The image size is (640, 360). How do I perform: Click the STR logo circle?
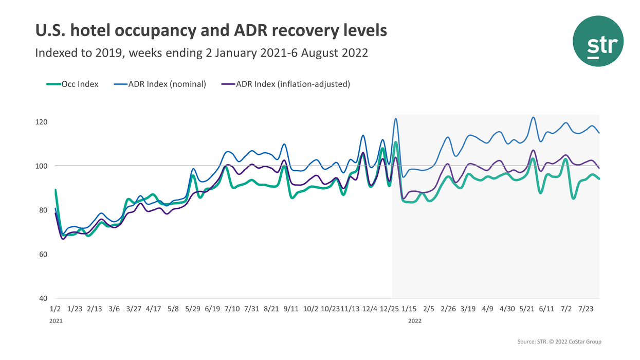598,41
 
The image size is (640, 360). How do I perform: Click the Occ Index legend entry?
72,84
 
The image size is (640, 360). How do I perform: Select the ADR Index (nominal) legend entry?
159,84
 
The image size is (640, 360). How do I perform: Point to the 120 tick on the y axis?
42,122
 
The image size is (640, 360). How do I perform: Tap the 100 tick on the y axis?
42,166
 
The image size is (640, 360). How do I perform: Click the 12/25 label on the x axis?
389,309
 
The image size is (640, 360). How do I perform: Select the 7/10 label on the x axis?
232,309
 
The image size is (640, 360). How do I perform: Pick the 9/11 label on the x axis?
291,309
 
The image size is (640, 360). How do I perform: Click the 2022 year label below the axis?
415,321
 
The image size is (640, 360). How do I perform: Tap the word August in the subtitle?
319,53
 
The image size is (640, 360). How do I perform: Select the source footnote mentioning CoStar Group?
559,341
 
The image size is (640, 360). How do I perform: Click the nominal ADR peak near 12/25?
395,119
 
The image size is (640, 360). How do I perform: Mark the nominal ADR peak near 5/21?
533,117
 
